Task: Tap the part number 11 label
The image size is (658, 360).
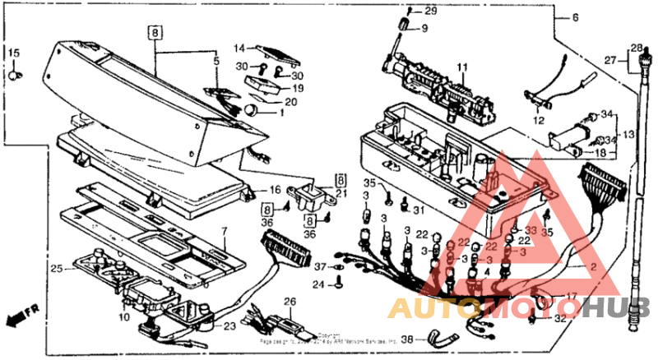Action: pyautogui.click(x=461, y=66)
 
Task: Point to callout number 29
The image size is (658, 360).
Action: pyautogui.click(x=431, y=11)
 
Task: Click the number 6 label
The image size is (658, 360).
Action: pyautogui.click(x=575, y=18)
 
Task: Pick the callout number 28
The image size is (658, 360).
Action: pyautogui.click(x=635, y=48)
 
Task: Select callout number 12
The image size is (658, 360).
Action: pyautogui.click(x=539, y=120)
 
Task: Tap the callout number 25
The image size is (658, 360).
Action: pyautogui.click(x=56, y=268)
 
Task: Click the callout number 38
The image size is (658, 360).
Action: pyautogui.click(x=409, y=336)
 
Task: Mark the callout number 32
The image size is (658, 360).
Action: pyautogui.click(x=560, y=318)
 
